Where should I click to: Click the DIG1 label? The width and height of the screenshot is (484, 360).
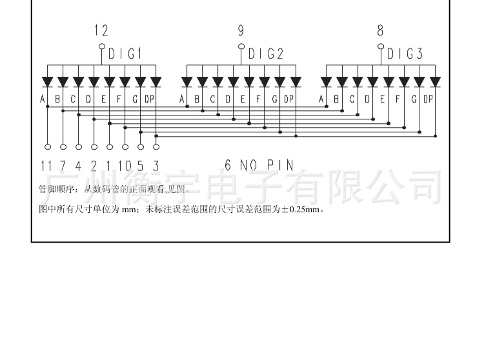pos(125,54)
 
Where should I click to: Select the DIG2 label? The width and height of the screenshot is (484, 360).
pos(266,54)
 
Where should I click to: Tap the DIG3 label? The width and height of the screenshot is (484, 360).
pos(405,54)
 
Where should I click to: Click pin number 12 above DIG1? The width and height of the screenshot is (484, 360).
pos(101,30)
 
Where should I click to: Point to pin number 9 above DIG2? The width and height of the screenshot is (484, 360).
pos(241,30)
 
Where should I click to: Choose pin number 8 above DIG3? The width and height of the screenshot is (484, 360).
pos(381,30)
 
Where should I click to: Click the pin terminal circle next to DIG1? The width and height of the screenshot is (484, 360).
pos(101,46)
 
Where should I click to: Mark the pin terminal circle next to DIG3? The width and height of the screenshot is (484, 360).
pos(381,46)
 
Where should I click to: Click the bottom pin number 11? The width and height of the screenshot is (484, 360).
pos(46,166)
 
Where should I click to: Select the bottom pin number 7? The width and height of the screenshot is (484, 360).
pos(63,166)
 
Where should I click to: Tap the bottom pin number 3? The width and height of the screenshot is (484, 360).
pos(156,166)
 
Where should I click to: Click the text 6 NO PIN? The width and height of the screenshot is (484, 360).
pos(259,166)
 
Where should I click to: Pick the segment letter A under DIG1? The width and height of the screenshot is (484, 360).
pos(43,99)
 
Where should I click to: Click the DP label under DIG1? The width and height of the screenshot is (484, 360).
pos(150,99)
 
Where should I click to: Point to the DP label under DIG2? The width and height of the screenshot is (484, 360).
pos(288,99)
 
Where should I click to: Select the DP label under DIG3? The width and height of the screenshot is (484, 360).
pos(429,99)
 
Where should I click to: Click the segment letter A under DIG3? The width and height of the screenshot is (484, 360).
pos(321,99)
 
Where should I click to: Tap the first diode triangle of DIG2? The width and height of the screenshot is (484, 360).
pos(187,82)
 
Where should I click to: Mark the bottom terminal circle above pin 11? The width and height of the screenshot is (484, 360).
pos(47,147)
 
